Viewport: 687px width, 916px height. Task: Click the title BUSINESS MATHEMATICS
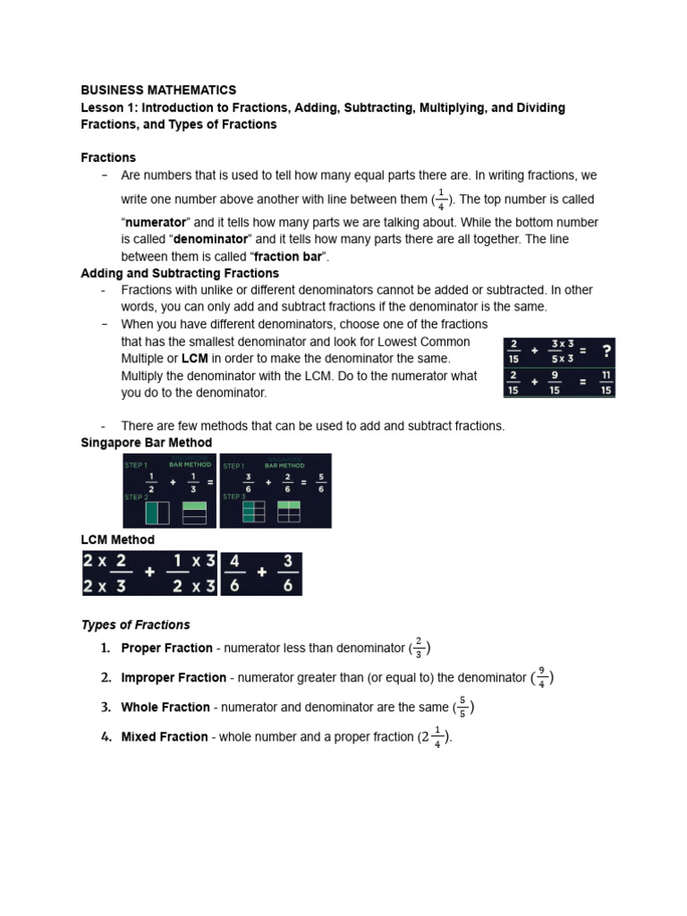coord(158,90)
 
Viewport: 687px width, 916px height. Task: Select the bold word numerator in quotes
coord(156,222)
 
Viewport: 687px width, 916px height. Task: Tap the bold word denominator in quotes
coord(212,240)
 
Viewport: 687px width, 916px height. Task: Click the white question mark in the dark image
coord(606,351)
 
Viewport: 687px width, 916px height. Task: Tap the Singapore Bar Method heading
coord(147,443)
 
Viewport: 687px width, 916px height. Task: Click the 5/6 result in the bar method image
coord(319,482)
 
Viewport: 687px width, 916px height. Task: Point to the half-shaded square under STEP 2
coord(157,513)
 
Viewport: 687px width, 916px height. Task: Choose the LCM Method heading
coord(117,540)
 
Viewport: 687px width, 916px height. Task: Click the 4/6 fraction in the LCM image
coord(234,573)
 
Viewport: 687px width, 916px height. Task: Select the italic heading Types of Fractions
coord(136,625)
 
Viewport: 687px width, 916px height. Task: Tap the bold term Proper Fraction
coord(166,649)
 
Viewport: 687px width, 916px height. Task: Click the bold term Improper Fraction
coord(174,678)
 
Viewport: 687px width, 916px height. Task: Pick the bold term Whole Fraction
coord(165,708)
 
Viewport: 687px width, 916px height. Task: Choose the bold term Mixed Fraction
coord(165,737)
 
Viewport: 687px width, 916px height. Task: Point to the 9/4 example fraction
coord(542,677)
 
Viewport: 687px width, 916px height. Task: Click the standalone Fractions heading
coord(108,157)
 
